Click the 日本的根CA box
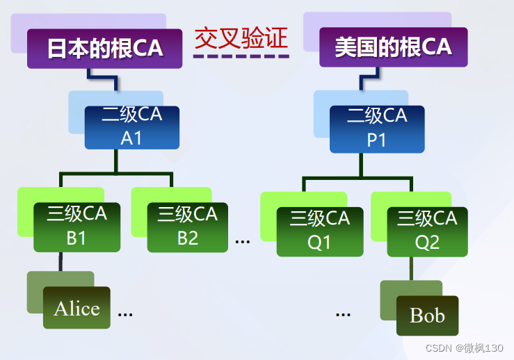(x=104, y=48)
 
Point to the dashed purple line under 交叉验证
(x=241, y=56)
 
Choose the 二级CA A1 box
(x=131, y=127)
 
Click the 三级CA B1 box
(x=77, y=227)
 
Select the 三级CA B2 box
(x=187, y=227)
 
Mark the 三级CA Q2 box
(x=426, y=230)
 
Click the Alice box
(x=77, y=308)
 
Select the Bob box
(x=427, y=316)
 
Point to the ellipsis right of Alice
(x=125, y=314)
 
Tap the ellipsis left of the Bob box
(x=343, y=314)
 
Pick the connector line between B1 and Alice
(x=61, y=261)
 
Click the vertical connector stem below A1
(x=117, y=161)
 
